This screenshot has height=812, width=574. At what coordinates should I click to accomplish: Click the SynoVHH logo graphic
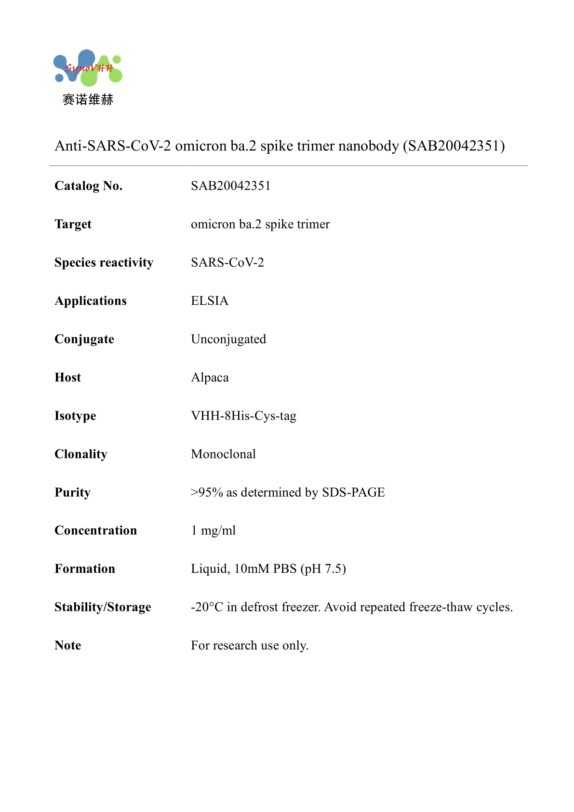[x=88, y=68]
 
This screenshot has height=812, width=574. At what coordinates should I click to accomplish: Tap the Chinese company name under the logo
[x=88, y=100]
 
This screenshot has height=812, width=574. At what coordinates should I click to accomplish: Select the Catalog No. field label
[x=89, y=186]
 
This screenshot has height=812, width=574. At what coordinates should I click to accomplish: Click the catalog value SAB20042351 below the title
[x=230, y=186]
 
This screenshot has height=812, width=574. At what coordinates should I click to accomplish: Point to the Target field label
[x=73, y=224]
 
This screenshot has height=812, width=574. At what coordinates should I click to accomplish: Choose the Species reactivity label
[x=104, y=262]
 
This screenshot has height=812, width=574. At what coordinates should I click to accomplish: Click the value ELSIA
[x=210, y=301]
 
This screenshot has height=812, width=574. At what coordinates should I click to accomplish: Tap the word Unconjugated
[x=228, y=339]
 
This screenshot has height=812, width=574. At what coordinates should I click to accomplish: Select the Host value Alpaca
[x=210, y=378]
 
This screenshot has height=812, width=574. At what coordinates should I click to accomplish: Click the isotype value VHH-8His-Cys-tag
[x=243, y=416]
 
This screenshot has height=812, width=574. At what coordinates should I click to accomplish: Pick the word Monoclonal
[x=223, y=454]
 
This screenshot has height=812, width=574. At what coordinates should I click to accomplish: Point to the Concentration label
[x=95, y=530]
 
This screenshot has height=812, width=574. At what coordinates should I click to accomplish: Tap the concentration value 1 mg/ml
[x=214, y=530]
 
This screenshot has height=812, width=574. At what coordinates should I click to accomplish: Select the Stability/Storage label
[x=103, y=607]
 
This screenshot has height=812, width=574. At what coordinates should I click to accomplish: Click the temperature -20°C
[x=207, y=607]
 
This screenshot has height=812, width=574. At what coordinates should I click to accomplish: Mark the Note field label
[x=68, y=645]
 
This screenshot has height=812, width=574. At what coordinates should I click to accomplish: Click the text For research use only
[x=249, y=645]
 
